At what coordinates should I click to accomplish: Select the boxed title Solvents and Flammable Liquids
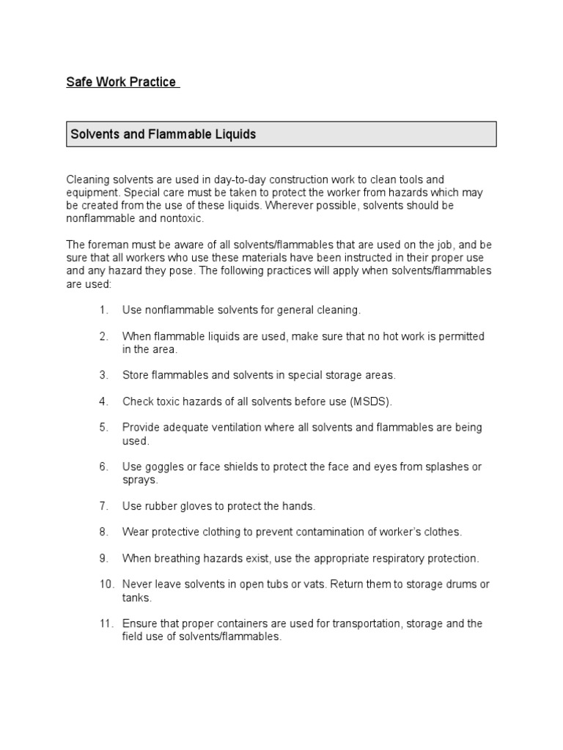(162, 135)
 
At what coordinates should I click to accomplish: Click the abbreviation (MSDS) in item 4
(371, 401)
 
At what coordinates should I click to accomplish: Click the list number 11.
(106, 624)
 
